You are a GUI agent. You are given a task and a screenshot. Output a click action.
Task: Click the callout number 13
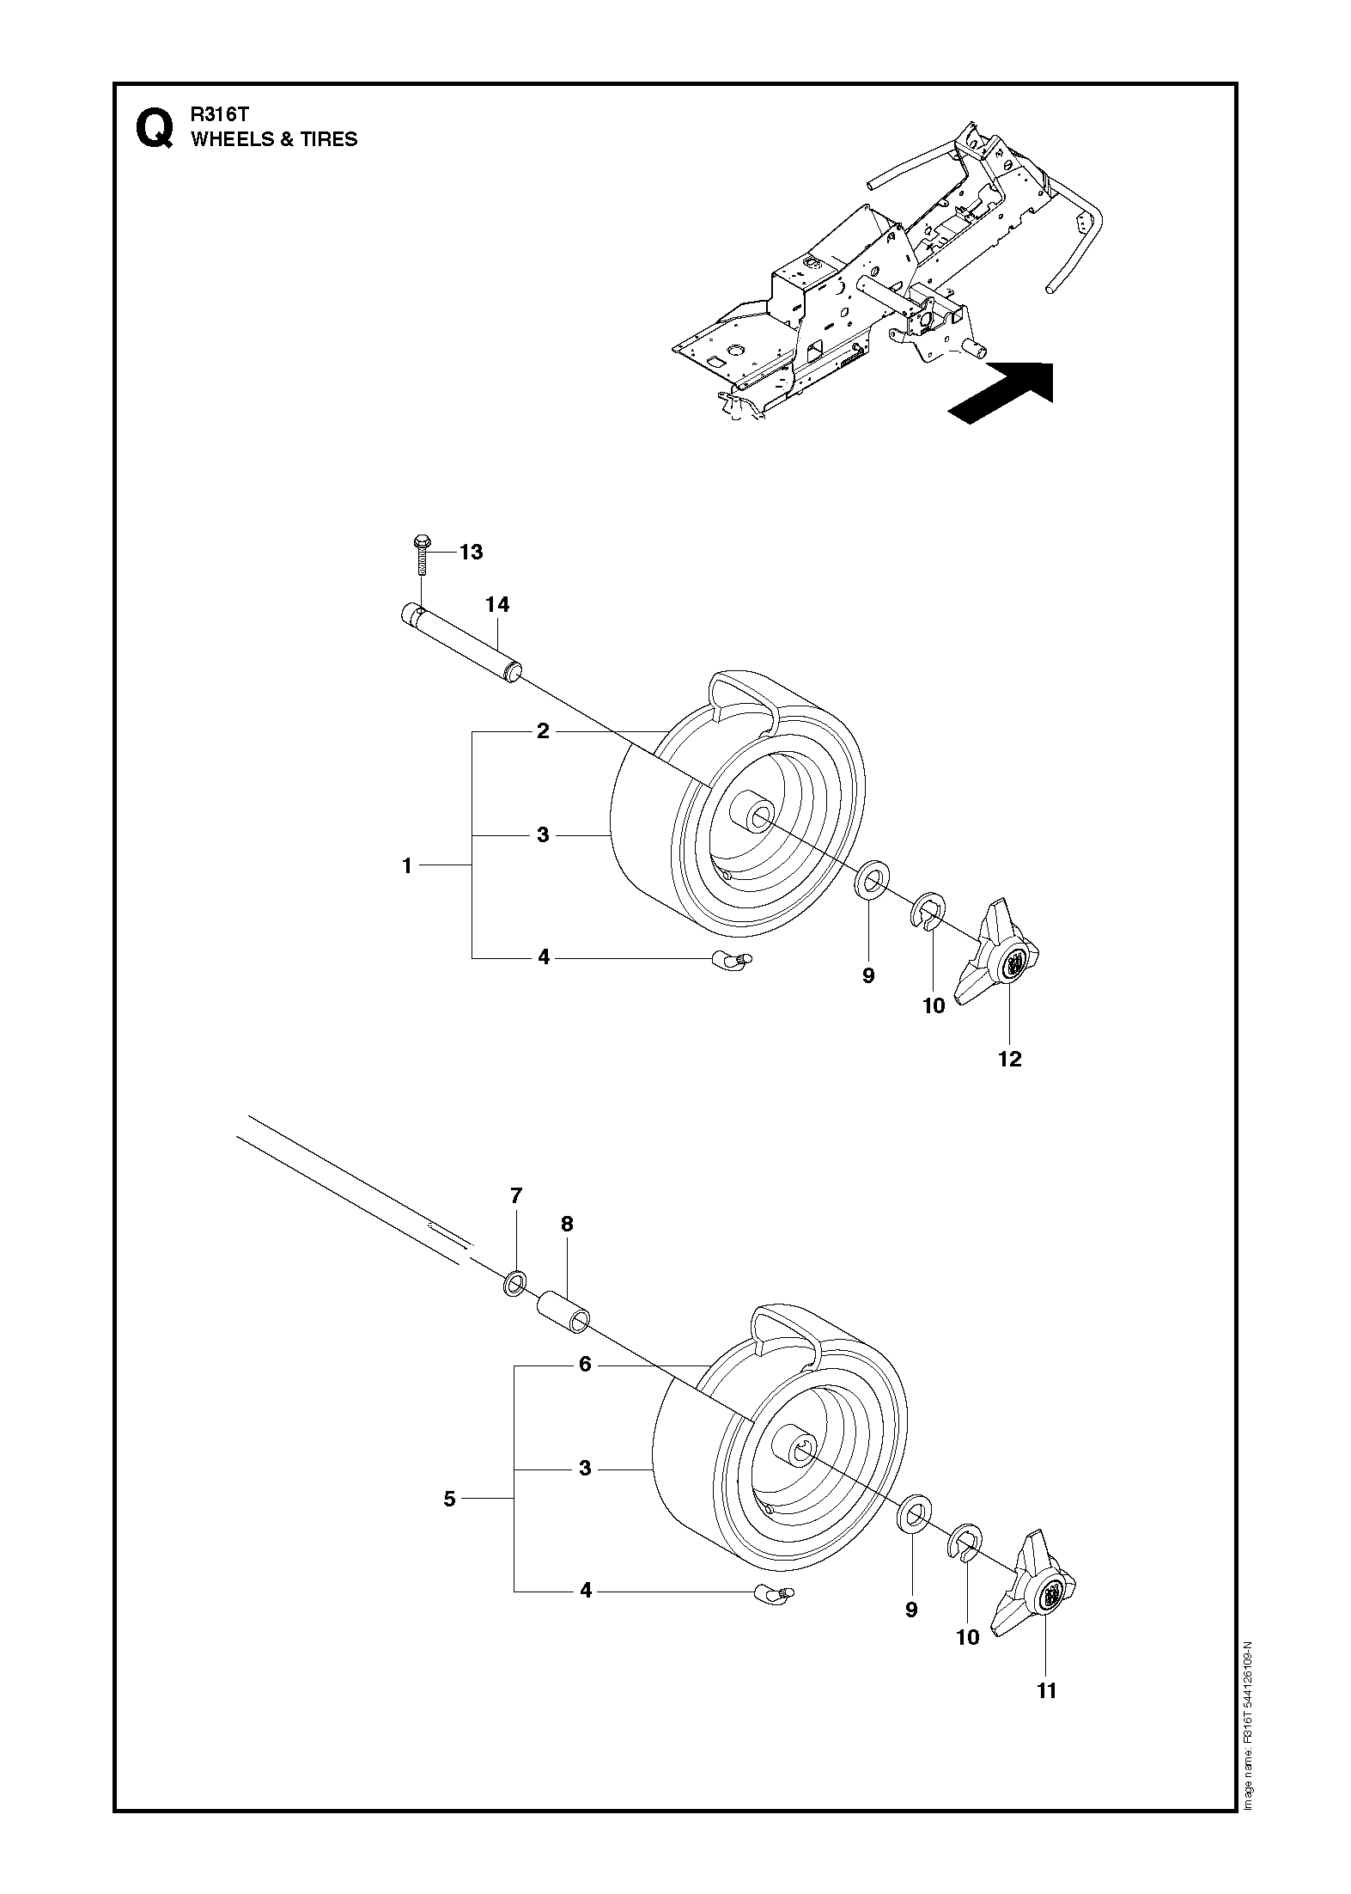click(x=472, y=552)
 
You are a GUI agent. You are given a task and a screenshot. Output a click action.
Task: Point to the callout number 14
click(x=497, y=605)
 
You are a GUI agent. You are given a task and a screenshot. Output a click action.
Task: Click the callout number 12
click(x=1010, y=1059)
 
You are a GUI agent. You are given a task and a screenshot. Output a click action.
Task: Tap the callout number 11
click(x=1045, y=1690)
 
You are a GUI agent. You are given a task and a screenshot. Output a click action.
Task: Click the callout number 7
click(x=516, y=1195)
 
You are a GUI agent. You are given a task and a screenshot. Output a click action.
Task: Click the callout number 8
click(x=567, y=1224)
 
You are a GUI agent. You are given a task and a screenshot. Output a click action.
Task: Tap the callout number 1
click(x=408, y=865)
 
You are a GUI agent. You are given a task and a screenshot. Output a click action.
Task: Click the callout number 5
click(x=450, y=1499)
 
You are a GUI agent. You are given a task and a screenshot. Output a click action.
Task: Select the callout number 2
click(x=543, y=731)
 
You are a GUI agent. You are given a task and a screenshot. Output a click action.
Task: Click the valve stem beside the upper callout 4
click(x=730, y=959)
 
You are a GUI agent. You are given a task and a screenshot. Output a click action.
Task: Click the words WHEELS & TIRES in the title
click(x=274, y=139)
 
